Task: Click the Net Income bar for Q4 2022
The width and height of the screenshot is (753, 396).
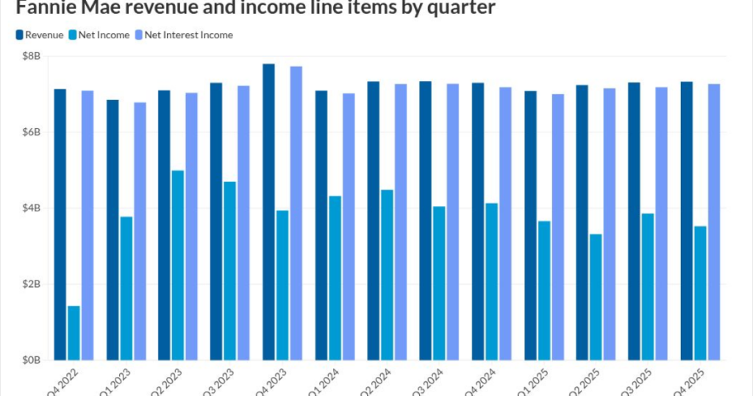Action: coord(74,333)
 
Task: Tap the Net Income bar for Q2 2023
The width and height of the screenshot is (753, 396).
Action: coord(178,265)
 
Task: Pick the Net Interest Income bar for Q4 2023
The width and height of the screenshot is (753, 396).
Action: coord(296,213)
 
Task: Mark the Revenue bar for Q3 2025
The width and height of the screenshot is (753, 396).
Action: coord(634,221)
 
